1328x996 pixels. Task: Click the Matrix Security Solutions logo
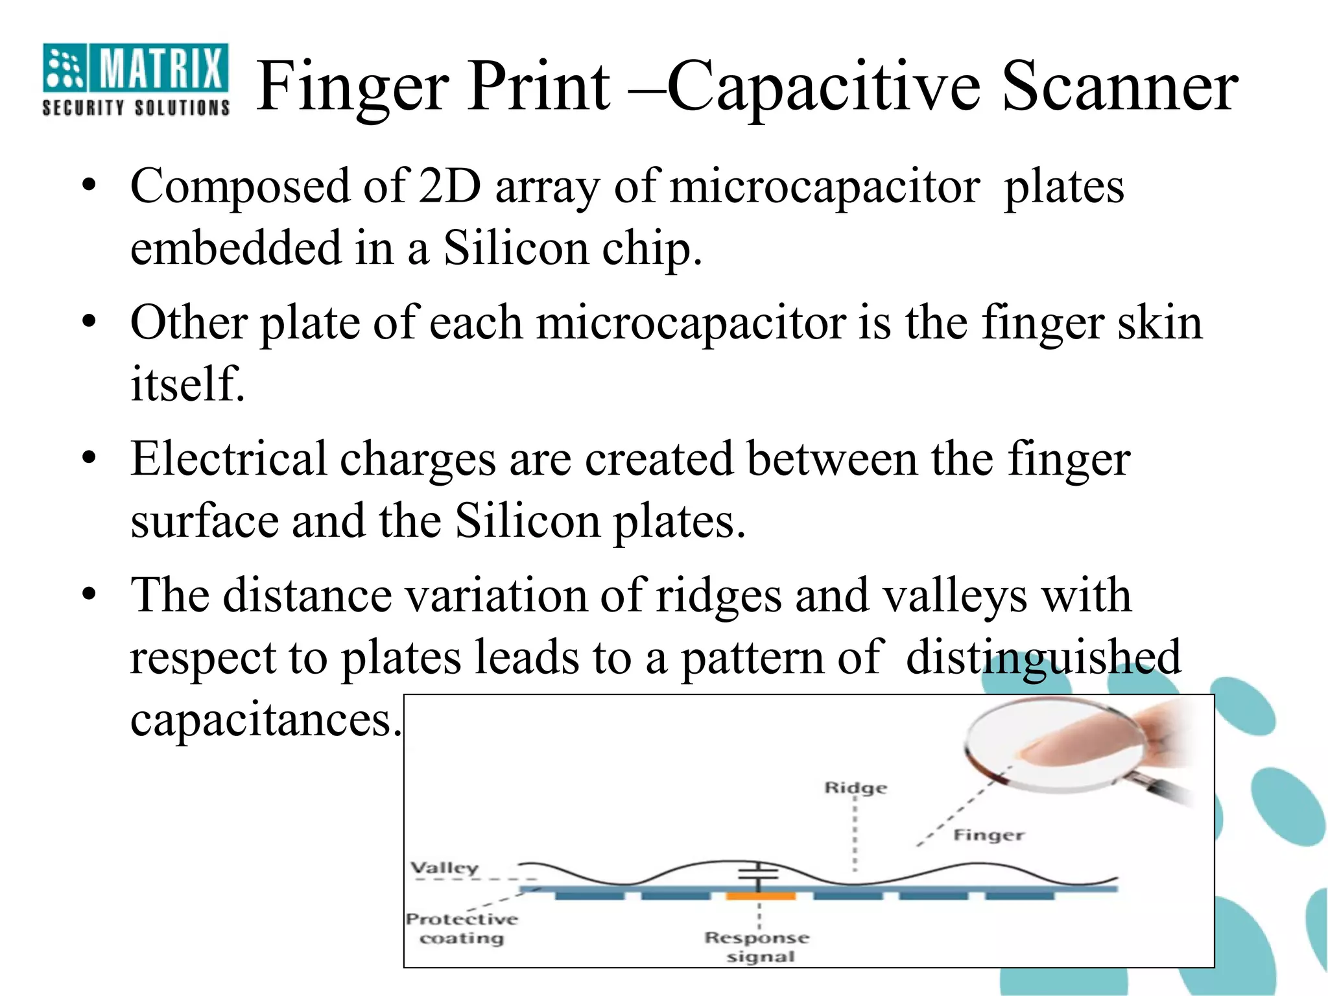(136, 79)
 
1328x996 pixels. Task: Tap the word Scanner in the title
(1120, 86)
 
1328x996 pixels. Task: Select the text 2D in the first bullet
(450, 187)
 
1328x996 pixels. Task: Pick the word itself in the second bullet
(187, 383)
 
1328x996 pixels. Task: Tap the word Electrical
(228, 459)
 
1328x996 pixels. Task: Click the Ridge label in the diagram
(855, 788)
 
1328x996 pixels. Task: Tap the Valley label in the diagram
(445, 868)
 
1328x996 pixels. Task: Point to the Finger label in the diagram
(988, 835)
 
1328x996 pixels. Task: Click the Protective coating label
(462, 929)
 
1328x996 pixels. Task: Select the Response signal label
(757, 947)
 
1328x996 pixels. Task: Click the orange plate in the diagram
(761, 896)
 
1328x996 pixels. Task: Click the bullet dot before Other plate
(89, 321)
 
